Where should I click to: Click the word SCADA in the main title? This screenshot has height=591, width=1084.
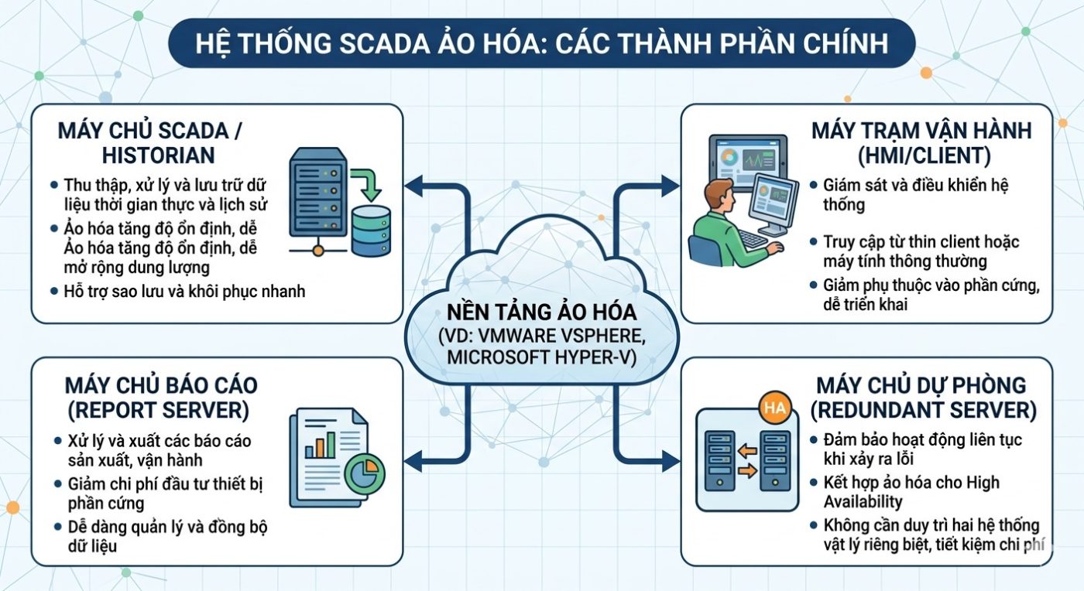click(x=384, y=43)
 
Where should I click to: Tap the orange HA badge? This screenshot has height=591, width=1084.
click(x=775, y=408)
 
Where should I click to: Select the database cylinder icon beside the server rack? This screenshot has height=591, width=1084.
click(x=371, y=231)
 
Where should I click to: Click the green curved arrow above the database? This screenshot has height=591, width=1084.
click(x=367, y=184)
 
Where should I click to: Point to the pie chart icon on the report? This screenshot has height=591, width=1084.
click(x=365, y=473)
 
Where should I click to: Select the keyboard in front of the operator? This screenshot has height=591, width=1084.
click(x=753, y=238)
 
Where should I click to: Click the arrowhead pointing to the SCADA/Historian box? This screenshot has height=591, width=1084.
click(x=413, y=186)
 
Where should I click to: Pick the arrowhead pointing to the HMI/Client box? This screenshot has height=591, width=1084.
click(x=671, y=186)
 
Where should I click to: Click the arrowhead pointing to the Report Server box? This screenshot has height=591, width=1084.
click(x=413, y=461)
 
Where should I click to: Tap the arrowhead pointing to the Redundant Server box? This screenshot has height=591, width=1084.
click(x=671, y=461)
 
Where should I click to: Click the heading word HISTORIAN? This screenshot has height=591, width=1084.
click(x=158, y=155)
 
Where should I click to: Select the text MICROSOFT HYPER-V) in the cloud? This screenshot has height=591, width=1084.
click(x=541, y=357)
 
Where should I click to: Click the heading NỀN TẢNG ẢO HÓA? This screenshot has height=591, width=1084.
click(x=541, y=313)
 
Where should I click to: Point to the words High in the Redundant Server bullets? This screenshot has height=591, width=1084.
click(x=983, y=483)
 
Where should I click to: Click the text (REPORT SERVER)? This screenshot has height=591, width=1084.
click(x=158, y=410)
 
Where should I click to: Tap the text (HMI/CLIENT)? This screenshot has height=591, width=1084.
click(x=924, y=155)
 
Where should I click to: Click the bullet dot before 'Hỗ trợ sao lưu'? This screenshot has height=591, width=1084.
click(x=54, y=291)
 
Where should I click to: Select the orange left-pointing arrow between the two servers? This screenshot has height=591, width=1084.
click(x=747, y=452)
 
